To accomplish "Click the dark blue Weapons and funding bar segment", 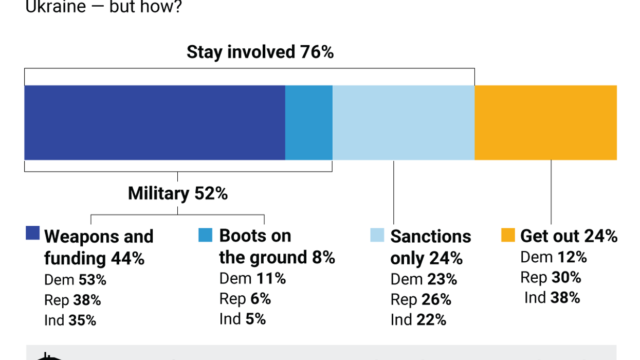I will [x=154, y=122].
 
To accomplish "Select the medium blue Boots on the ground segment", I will [x=308, y=122].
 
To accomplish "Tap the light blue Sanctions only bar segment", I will [x=403, y=122].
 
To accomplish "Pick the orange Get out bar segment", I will [x=545, y=122].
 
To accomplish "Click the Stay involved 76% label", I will [x=260, y=52].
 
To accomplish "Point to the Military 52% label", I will [x=177, y=193].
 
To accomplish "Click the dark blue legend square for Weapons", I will [x=32, y=233].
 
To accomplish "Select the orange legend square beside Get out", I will [x=507, y=235].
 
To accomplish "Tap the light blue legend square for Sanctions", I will [x=377, y=235].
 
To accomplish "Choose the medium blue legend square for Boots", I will [x=205, y=235].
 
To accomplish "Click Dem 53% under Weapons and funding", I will [x=75, y=280].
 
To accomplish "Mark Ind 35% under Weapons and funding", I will [x=70, y=320].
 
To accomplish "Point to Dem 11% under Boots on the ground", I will [x=252, y=278].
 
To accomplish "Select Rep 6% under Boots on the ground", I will [x=245, y=299].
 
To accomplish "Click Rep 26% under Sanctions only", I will [x=420, y=299].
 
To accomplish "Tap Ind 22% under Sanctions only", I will [x=418, y=320].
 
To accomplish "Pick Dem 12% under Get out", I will [x=553, y=257].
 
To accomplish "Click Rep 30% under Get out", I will [x=551, y=278].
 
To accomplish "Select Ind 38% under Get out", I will [x=552, y=298].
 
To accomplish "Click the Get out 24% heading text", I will [x=569, y=236].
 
